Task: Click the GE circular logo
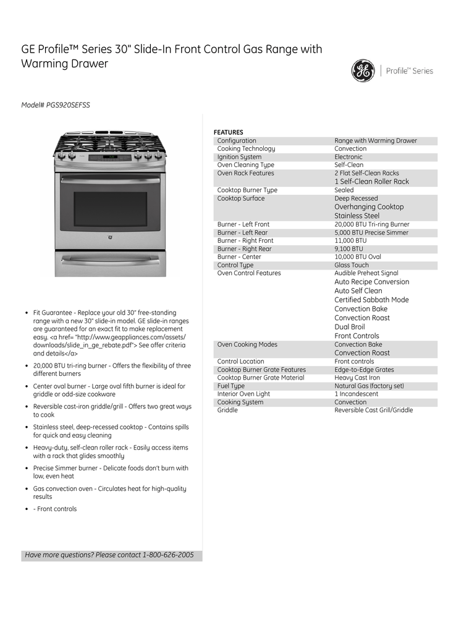pos(363,70)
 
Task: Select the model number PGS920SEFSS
pos(68,105)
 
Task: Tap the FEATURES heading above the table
pos(229,132)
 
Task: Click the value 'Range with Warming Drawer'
pos(376,141)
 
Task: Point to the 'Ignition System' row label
pos(239,157)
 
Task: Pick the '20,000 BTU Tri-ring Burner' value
pos(372,224)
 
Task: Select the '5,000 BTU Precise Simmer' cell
pos(371,233)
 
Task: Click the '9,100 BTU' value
pos(349,249)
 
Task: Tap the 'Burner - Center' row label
pos(239,257)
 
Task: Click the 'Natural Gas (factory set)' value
pos(370,386)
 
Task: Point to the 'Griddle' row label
pos(227,410)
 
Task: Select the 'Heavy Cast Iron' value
pos(357,378)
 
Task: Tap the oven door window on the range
pos(111,208)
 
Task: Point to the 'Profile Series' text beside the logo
pos(410,71)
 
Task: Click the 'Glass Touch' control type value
pos(352,265)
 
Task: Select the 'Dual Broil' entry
pos(350,327)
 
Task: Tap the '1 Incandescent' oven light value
pos(357,394)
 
